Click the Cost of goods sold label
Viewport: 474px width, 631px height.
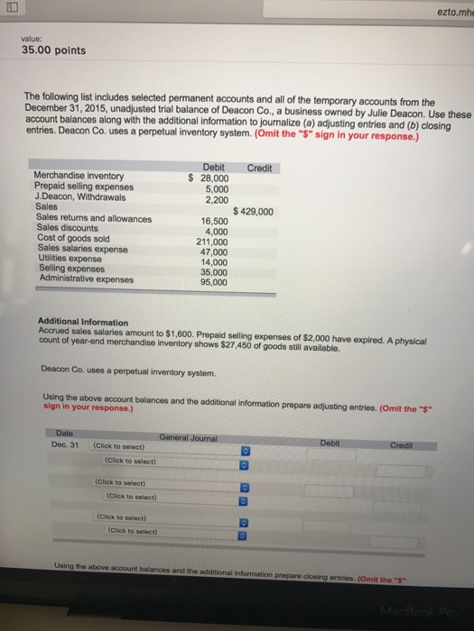(74, 238)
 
